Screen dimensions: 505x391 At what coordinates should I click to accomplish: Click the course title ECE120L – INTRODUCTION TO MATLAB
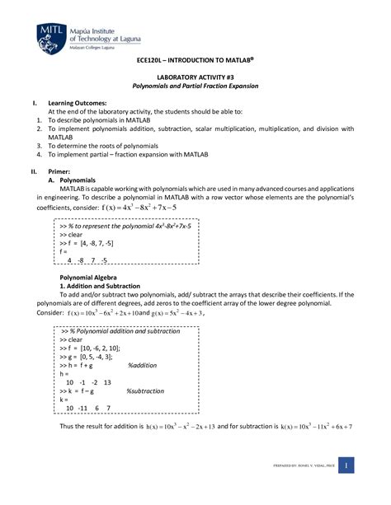pyautogui.click(x=195, y=62)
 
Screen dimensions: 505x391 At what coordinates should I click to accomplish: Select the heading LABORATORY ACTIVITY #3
pyautogui.click(x=195, y=77)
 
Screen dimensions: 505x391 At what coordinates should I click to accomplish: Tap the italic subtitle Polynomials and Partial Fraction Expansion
pyautogui.click(x=195, y=87)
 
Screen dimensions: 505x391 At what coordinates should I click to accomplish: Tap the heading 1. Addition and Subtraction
pyautogui.click(x=91, y=286)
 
